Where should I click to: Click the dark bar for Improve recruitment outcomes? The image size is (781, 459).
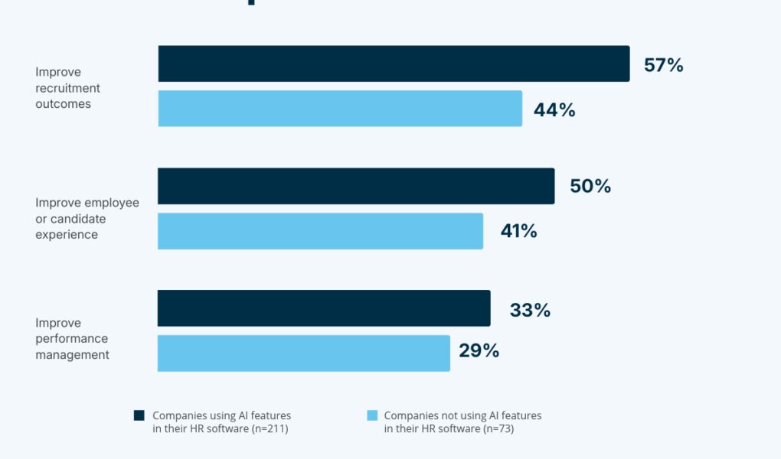394,63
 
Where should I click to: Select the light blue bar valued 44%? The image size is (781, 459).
340,109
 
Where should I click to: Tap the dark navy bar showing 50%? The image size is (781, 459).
356,186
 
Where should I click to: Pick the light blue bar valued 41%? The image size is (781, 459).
320,231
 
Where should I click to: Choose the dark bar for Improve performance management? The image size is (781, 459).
324,308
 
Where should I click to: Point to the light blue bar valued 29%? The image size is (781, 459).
304,353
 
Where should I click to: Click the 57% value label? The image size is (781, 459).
663,65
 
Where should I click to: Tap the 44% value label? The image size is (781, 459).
554,110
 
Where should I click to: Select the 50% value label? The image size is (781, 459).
590,187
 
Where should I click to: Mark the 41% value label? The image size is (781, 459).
518,231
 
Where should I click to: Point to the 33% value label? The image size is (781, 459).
530,310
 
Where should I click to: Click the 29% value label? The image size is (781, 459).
479,351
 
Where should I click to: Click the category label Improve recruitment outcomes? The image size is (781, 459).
67,88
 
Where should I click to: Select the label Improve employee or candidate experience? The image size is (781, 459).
87,219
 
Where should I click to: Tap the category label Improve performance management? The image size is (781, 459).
72,339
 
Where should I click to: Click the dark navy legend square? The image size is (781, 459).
139,415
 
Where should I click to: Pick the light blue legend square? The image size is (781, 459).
372,415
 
